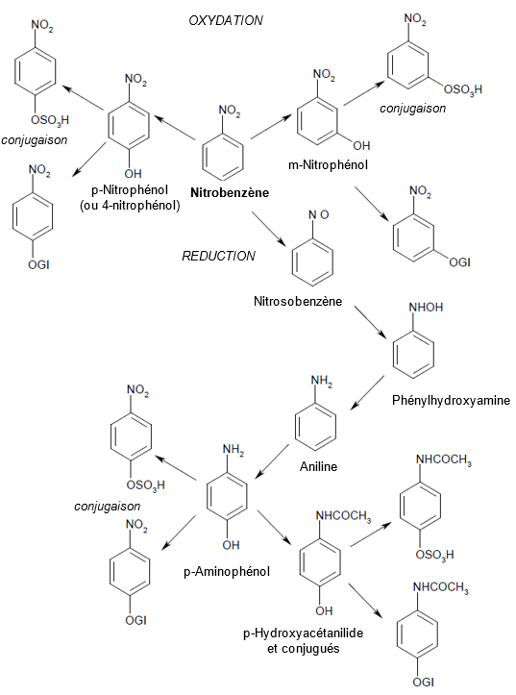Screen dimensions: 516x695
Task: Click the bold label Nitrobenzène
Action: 230,193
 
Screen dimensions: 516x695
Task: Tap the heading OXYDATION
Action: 226,20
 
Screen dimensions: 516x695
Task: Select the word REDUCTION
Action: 219,257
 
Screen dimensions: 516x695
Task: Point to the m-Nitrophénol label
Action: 328,165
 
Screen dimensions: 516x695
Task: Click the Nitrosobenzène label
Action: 298,302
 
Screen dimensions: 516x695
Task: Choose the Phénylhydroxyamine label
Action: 451,401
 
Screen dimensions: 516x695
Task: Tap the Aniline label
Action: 318,467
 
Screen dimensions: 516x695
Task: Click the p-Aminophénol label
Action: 227,572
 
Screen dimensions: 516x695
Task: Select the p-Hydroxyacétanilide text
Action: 303,633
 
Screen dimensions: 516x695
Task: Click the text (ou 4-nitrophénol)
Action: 130,206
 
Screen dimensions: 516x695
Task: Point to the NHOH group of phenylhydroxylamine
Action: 426,308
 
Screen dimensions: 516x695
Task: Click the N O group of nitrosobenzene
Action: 319,215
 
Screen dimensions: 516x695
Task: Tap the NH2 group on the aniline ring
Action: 322,382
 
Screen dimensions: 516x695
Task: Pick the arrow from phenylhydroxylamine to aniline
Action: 368,392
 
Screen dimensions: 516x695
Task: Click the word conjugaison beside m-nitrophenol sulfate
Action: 412,109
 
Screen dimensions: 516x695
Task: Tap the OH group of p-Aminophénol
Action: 231,545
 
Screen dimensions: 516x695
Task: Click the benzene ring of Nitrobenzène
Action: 223,154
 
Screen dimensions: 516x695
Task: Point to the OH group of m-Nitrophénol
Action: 361,145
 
